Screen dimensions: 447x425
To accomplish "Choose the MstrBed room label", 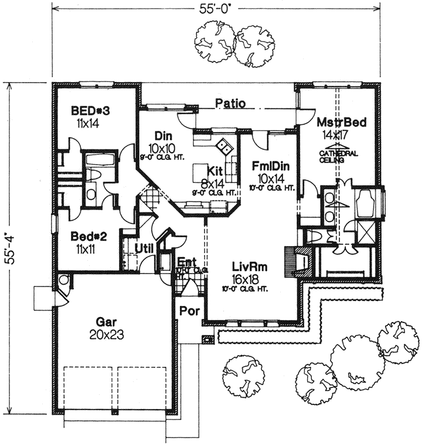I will point(342,122).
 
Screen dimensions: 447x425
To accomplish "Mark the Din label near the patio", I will point(162,135).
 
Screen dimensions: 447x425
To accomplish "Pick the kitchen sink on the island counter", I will point(225,144).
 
